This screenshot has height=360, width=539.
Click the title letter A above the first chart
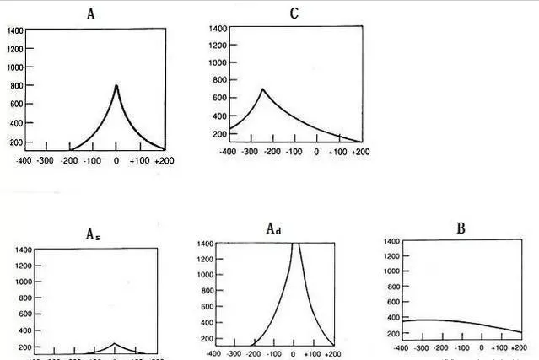coord(90,14)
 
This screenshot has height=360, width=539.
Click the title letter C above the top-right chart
coord(294,13)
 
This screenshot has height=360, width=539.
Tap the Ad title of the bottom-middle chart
coord(273,228)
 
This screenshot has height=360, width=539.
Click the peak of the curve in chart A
coord(116,85)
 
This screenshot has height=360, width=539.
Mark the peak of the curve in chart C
coord(262,89)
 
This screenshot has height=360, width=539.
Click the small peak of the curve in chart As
coord(116,344)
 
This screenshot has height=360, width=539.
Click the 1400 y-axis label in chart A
coord(15,30)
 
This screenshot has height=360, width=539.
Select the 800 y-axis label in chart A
coord(18,85)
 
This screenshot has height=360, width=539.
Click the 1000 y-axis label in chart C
coord(218,63)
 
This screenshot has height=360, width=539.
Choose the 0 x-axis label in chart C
coord(316,153)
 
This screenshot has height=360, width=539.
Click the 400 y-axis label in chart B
coord(391,317)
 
